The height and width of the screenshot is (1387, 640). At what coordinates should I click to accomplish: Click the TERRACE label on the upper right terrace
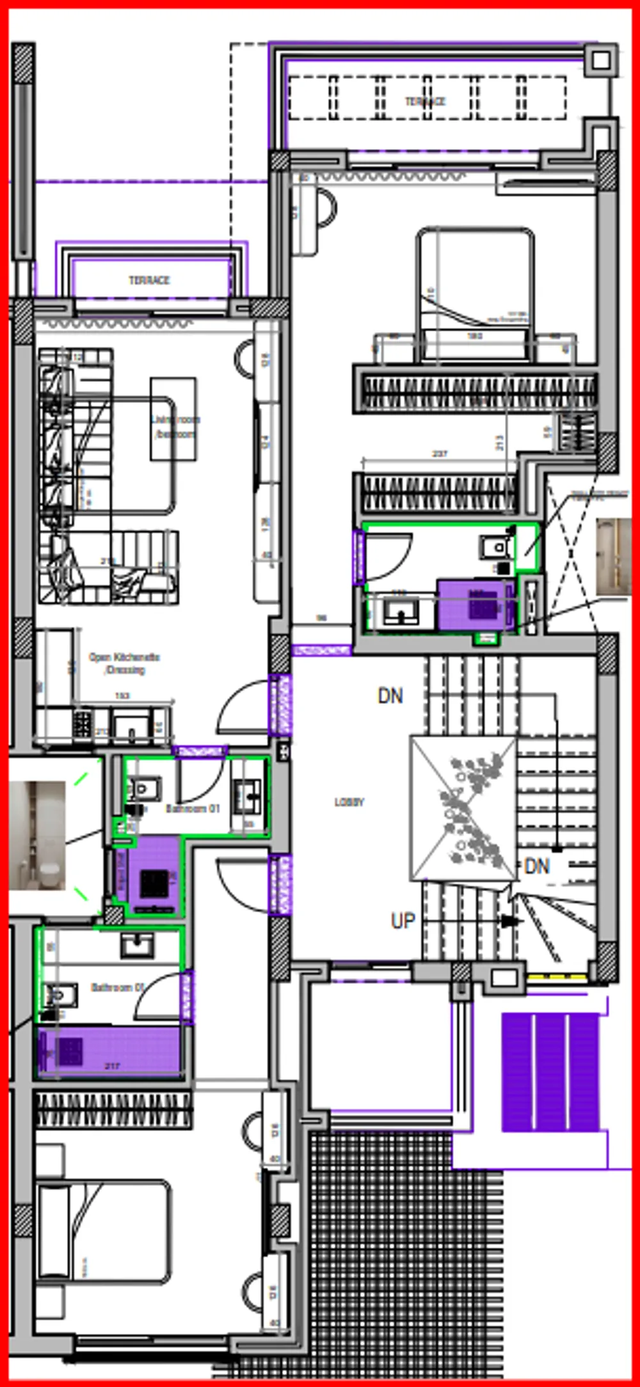pos(425,101)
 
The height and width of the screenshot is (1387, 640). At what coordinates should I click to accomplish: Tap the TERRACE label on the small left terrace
pos(149,280)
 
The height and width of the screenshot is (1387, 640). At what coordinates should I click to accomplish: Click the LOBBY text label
pos(349,802)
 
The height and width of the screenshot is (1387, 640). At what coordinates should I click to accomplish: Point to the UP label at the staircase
pos(403,921)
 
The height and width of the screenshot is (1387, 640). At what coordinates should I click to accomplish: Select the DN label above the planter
pos(390,696)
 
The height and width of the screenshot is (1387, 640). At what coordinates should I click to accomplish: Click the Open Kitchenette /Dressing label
pos(124,663)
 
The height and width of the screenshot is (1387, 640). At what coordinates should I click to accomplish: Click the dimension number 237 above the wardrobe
pos(440,454)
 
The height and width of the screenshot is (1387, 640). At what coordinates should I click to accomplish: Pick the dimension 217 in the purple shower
pos(112,1066)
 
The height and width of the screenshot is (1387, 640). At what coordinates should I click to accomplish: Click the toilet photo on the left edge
pos(37,835)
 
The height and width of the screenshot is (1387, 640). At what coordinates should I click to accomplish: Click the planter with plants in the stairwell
pos(463,807)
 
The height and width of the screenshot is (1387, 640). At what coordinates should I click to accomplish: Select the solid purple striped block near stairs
pos(550,1072)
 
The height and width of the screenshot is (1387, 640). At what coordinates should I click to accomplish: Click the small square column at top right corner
pos(601,61)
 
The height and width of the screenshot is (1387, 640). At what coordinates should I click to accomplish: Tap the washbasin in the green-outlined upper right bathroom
pos(401,612)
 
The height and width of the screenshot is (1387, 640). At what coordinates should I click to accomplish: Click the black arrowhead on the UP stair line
pos(509,921)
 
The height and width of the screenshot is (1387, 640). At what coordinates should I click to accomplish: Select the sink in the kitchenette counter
pos(131,726)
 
